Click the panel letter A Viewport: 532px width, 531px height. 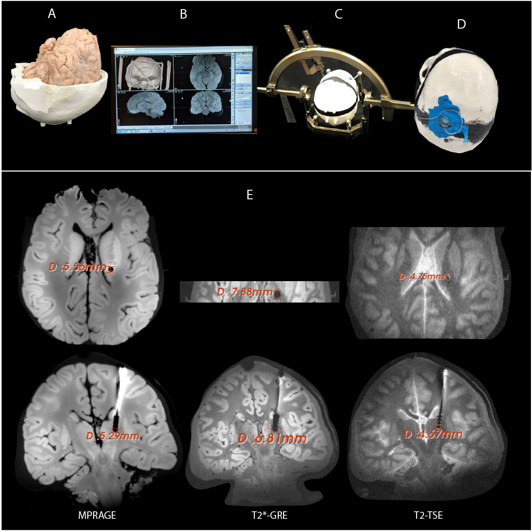coord(52,14)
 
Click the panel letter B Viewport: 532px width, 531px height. coord(184,15)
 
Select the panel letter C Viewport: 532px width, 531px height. coord(338,15)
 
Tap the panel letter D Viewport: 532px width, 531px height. coord(461,24)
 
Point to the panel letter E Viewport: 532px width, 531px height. coord(250,195)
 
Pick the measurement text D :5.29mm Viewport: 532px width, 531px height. coord(113,436)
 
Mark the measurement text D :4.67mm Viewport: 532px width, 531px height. coord(433,434)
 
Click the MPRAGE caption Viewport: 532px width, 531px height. coord(97,515)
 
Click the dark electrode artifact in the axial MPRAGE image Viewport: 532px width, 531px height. coord(111,269)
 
